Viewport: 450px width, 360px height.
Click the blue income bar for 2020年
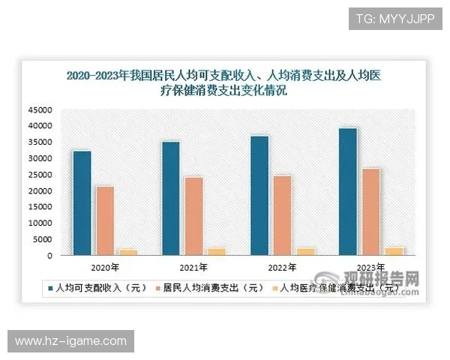pyautogui.click(x=82, y=203)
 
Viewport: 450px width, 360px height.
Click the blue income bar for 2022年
pyautogui.click(x=259, y=196)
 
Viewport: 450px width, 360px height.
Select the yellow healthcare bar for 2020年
pyautogui.click(x=128, y=252)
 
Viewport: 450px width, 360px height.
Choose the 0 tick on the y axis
pyautogui.click(x=49, y=256)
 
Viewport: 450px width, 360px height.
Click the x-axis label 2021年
pyautogui.click(x=194, y=268)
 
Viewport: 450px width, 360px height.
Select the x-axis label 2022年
pyautogui.click(x=283, y=268)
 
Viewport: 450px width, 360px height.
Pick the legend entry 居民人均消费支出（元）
pyautogui.click(x=209, y=286)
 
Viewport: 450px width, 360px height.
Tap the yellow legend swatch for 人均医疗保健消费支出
pyautogui.click(x=274, y=286)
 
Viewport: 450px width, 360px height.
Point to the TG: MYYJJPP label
pyautogui.click(x=395, y=18)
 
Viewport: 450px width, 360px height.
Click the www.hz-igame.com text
pyautogui.click(x=71, y=341)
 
